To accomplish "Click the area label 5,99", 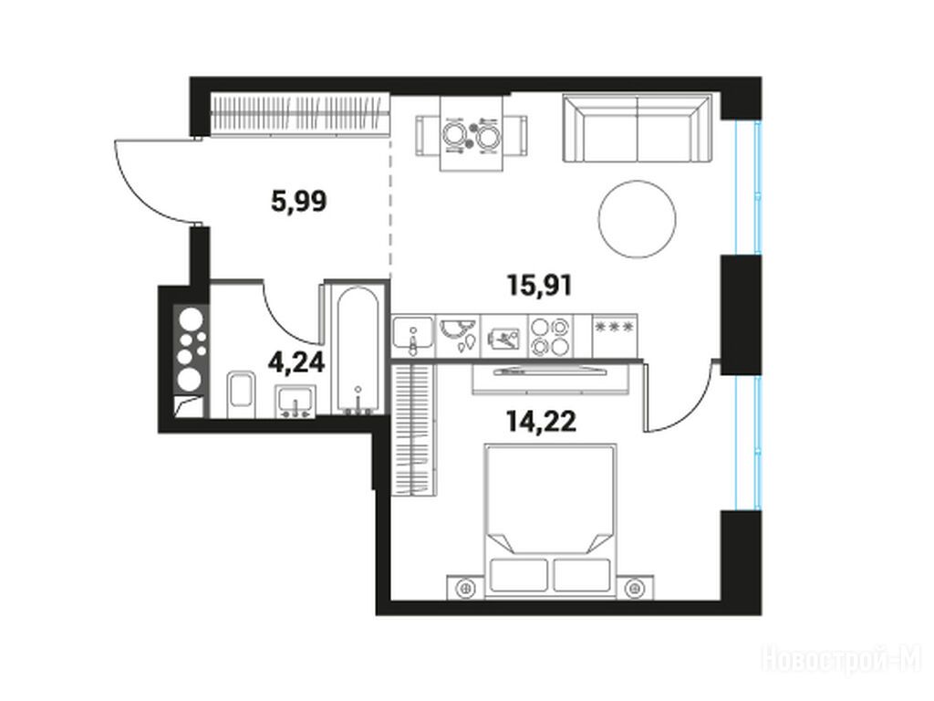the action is coord(299,202).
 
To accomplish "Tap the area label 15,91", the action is coord(539,285).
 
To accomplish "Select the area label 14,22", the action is coord(542,422).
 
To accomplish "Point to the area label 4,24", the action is coord(296,361).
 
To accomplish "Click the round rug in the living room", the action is coord(638,219).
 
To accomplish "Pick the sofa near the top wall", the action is coord(638,128).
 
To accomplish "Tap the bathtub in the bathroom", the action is coord(358,350).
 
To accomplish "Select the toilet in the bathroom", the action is coord(241,393).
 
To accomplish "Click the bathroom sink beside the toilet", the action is coord(296,401).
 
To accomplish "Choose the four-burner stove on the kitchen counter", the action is coord(550,337).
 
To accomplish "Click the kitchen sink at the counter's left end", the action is coord(413,336).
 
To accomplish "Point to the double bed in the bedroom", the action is coord(550,520).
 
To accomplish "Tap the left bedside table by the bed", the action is coord(466,588).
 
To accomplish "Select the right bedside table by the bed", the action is coord(635,588).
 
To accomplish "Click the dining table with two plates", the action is coord(472,135).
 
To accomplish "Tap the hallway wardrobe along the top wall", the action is coord(300,114).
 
